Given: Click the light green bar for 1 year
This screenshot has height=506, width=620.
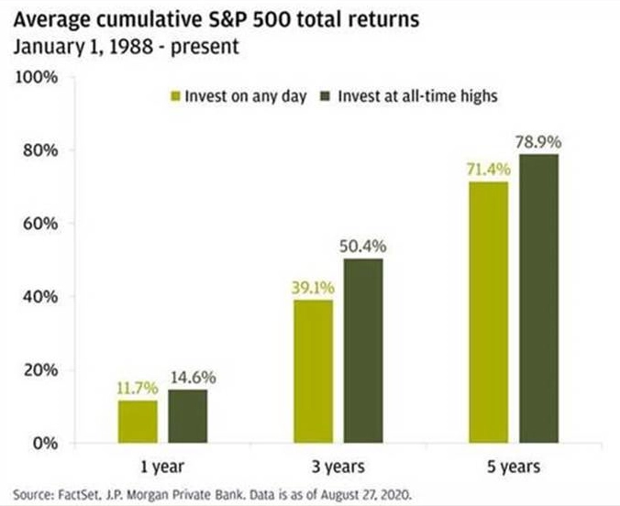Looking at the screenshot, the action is tap(138, 422).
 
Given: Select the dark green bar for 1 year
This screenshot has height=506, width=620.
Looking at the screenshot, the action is tap(188, 416).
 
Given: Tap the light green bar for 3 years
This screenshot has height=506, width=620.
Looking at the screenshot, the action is tap(314, 371).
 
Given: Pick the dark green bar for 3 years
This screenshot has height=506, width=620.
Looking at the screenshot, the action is tap(363, 351).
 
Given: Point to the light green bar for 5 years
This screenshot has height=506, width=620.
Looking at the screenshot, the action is tap(489, 313).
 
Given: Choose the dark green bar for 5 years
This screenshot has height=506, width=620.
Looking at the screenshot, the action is tap(539, 299).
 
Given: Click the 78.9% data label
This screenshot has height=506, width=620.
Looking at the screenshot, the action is tap(538, 142).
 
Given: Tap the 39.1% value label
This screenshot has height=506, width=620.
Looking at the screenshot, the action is tap(313, 288).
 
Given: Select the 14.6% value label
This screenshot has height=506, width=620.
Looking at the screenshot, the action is tap(194, 378).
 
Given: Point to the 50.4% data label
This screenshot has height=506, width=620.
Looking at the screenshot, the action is tap(363, 247).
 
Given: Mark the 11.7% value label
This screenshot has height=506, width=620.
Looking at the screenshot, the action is tap(138, 389).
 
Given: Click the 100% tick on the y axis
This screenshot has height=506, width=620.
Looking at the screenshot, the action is tap(37, 78).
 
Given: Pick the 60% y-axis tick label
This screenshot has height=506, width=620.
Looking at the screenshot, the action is tap(40, 224).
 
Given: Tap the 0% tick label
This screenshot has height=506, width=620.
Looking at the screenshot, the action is tap(46, 444).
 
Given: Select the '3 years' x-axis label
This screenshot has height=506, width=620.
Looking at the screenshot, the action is tap(338, 467).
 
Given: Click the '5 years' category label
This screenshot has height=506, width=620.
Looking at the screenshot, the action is tap(514, 467).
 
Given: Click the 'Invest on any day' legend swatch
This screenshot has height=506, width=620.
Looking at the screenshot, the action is tap(175, 96).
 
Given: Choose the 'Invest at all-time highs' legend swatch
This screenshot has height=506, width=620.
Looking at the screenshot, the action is tap(325, 96).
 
